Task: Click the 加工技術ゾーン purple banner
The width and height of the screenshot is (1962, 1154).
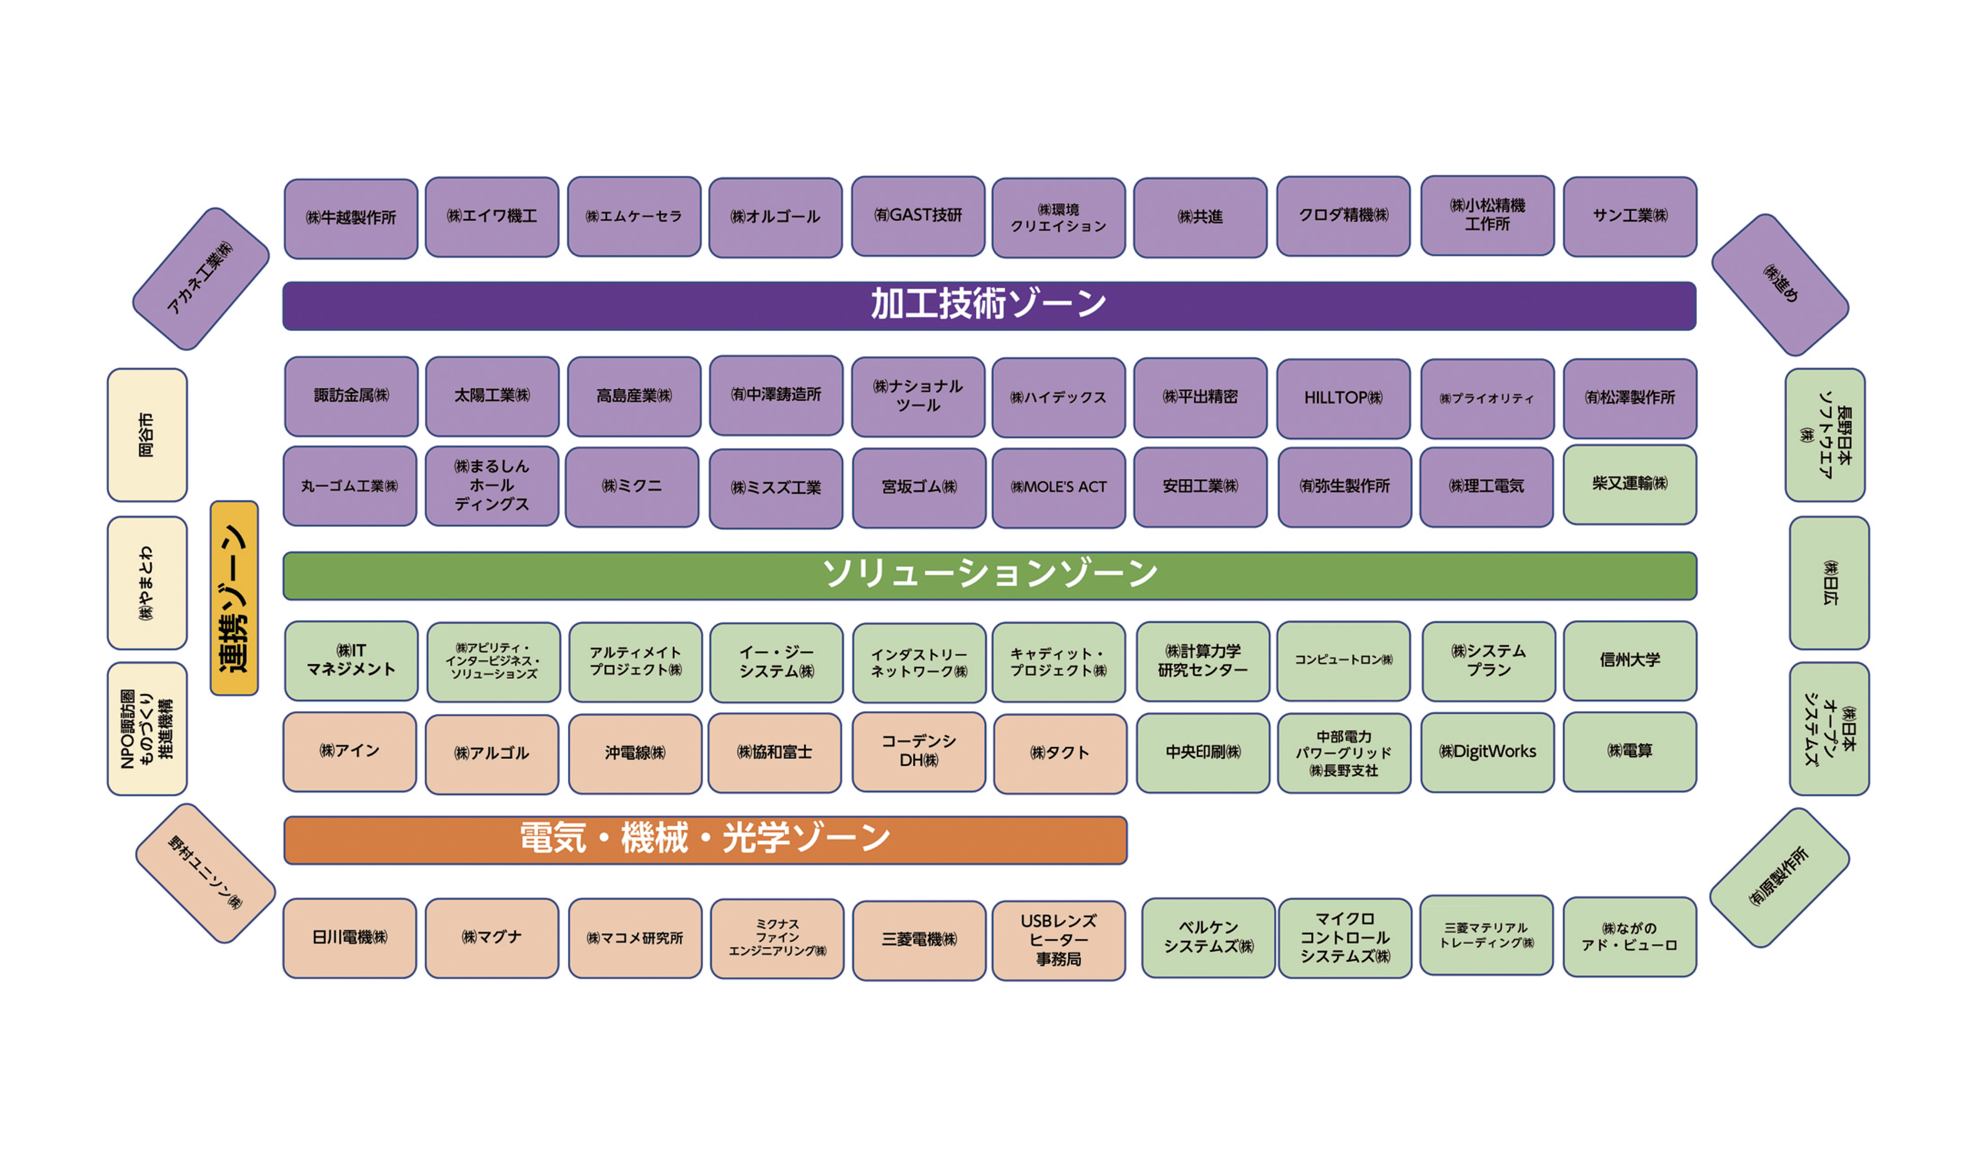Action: click(x=989, y=306)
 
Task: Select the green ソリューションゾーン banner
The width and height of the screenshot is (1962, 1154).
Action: click(x=989, y=576)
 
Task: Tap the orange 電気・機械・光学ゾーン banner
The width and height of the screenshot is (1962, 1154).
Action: click(x=705, y=840)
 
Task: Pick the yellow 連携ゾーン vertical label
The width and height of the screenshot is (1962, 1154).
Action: click(x=234, y=598)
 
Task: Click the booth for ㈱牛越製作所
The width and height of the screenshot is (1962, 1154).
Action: click(x=351, y=219)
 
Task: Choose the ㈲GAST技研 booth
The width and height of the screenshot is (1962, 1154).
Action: click(x=918, y=216)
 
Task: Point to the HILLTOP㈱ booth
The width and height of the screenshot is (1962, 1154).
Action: click(x=1344, y=398)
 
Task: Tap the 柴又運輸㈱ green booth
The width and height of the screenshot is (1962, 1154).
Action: click(x=1630, y=485)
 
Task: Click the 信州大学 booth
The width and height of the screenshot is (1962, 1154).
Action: click(x=1630, y=660)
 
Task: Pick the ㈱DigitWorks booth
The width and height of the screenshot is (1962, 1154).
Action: click(x=1488, y=752)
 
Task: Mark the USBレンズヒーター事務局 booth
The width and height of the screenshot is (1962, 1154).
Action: click(x=1059, y=941)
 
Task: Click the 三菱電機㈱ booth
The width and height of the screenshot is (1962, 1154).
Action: click(x=920, y=941)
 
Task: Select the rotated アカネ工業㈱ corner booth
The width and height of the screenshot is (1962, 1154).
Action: click(x=201, y=279)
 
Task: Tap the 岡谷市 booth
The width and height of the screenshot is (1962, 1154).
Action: click(x=147, y=435)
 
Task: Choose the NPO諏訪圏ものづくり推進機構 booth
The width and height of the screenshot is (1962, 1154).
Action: click(x=147, y=729)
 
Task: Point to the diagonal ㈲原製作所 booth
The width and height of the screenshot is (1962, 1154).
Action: click(x=1780, y=878)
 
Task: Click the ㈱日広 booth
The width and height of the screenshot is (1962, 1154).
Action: click(x=1829, y=583)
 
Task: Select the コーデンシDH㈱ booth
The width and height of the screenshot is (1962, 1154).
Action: click(x=920, y=752)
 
